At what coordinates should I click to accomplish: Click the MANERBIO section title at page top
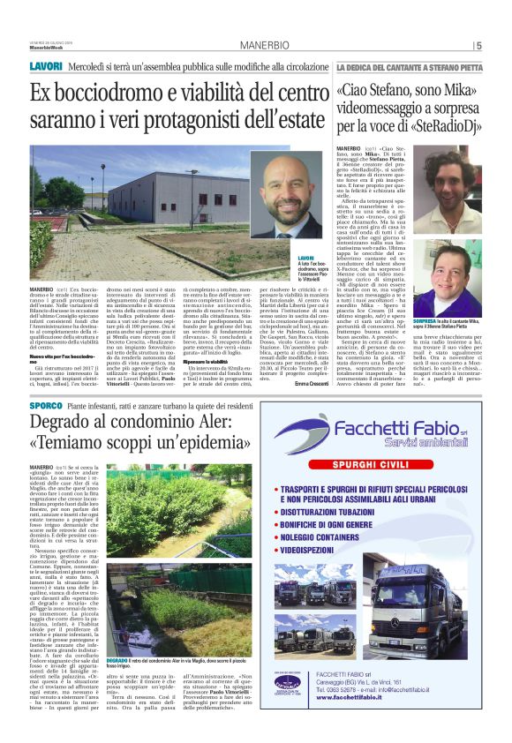click(256, 46)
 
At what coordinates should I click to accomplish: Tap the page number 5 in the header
click(478, 46)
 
